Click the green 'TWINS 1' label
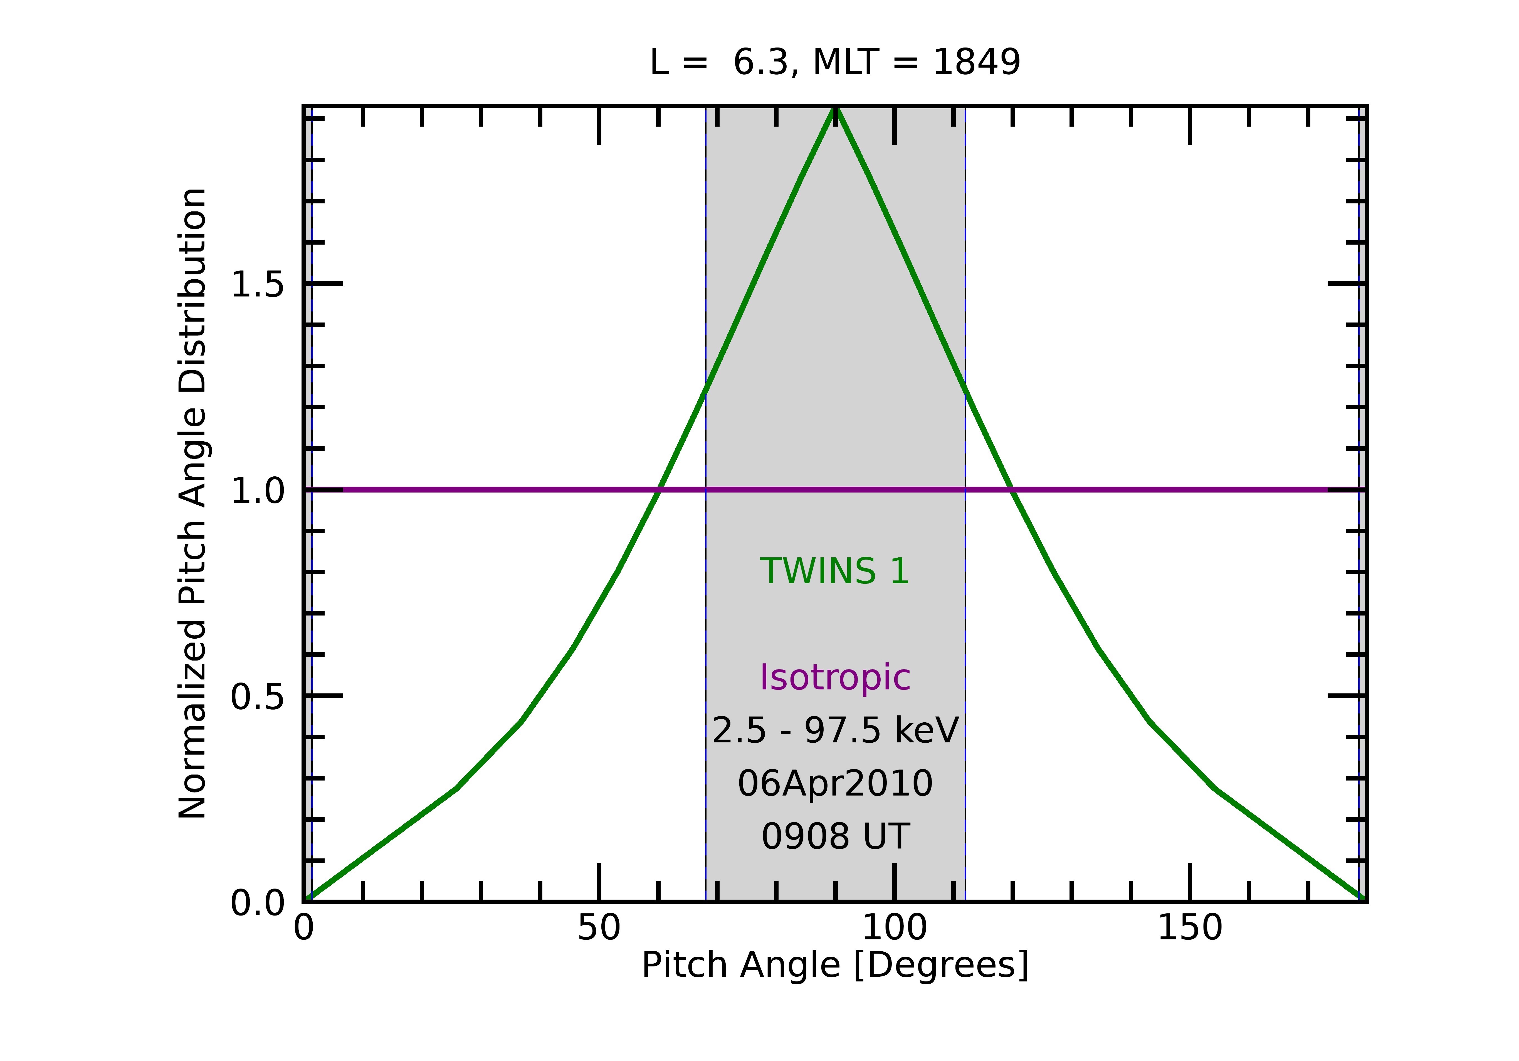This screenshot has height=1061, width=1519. pyautogui.click(x=835, y=571)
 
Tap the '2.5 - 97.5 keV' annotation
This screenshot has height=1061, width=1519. pyautogui.click(x=835, y=731)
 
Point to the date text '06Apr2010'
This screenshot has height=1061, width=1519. pyautogui.click(x=835, y=784)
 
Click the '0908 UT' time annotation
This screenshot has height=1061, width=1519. pyautogui.click(x=835, y=837)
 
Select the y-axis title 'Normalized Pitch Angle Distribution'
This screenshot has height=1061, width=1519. pyautogui.click(x=192, y=503)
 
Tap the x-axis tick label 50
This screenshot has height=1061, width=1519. pyautogui.click(x=599, y=929)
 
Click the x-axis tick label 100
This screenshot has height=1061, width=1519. pyautogui.click(x=895, y=929)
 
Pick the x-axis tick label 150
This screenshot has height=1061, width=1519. pyautogui.click(x=1190, y=929)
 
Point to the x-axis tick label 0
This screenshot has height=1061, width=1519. pyautogui.click(x=304, y=929)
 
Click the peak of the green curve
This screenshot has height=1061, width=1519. pyautogui.click(x=836, y=108)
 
